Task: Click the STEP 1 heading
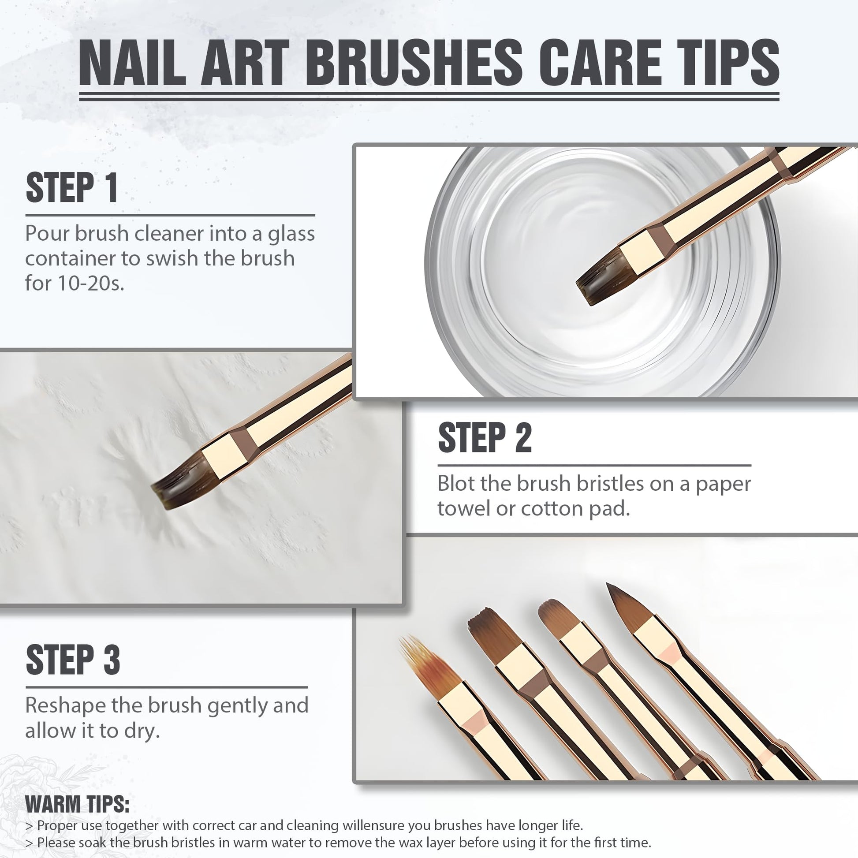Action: (x=72, y=188)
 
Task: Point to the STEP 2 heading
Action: (x=485, y=437)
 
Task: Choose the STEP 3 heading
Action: (x=73, y=660)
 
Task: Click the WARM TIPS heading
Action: (x=77, y=804)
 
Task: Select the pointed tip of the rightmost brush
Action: (x=608, y=585)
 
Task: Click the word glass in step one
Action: (x=291, y=235)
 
